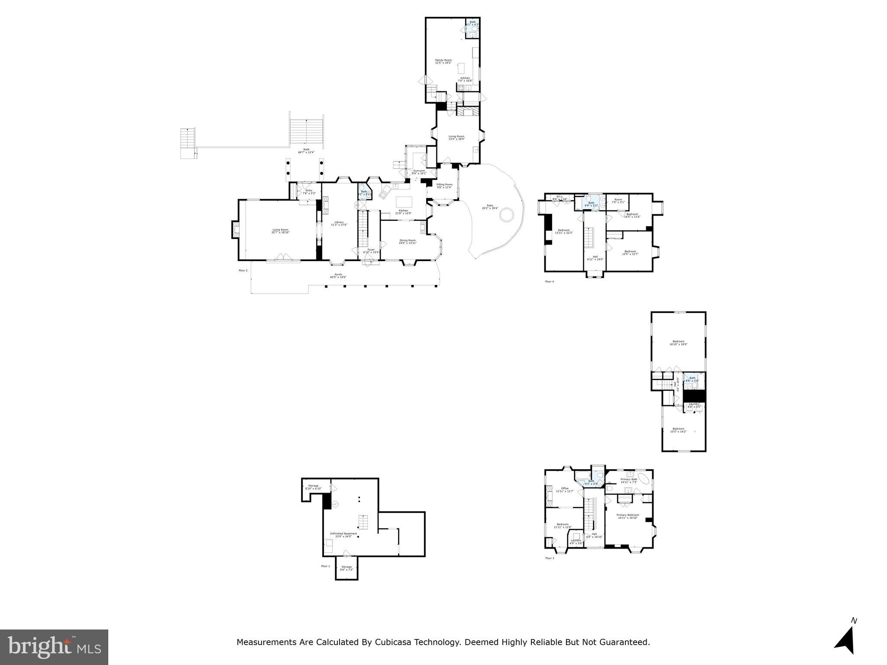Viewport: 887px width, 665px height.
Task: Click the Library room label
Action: click(x=339, y=223)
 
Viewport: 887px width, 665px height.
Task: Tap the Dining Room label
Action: click(x=408, y=242)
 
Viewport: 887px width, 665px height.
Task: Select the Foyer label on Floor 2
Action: click(x=371, y=251)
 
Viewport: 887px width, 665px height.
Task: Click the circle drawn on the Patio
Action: click(x=507, y=215)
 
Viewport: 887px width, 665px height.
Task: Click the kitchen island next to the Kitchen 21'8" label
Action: click(x=404, y=202)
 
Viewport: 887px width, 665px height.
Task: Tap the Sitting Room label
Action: click(x=444, y=186)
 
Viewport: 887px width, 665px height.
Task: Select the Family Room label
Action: click(x=443, y=61)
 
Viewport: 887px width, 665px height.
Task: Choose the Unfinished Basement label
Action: click(x=343, y=535)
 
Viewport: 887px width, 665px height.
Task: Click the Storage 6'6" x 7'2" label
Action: click(x=346, y=568)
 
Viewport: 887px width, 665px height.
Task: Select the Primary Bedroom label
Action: click(x=628, y=516)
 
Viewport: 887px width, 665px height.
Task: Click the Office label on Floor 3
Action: click(x=564, y=490)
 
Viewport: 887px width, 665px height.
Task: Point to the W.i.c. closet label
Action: click(x=559, y=197)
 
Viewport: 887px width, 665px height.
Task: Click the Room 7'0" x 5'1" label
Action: click(x=618, y=201)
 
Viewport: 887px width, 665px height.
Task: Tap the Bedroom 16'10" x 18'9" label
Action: click(x=678, y=342)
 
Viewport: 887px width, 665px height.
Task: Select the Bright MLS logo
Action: click(x=54, y=647)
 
